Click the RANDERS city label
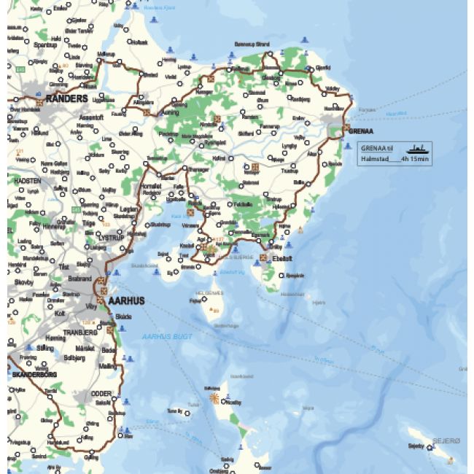(x=66, y=98)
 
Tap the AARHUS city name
(x=126, y=300)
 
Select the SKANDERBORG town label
(x=33, y=374)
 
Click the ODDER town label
(x=101, y=394)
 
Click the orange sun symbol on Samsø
(x=214, y=398)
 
